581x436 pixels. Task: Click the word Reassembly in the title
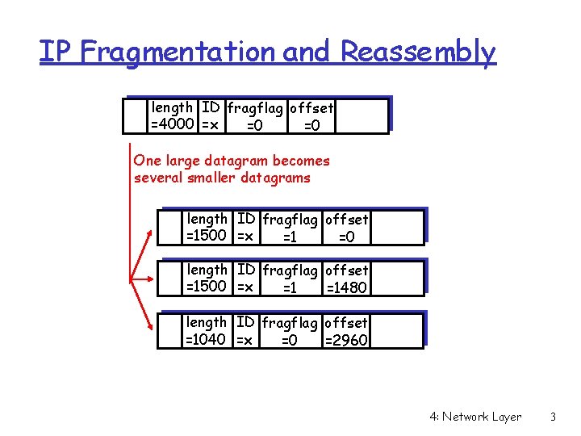[417, 52]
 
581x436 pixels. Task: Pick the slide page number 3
[553, 417]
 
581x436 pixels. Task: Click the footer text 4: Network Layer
[476, 417]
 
